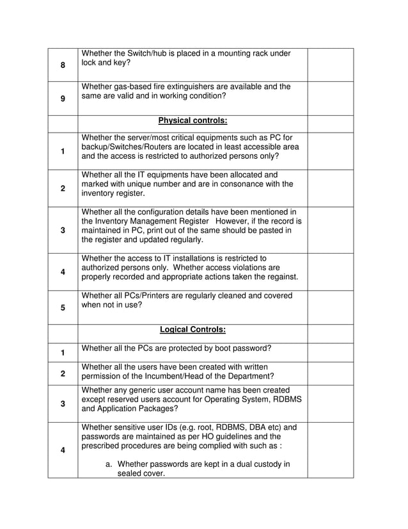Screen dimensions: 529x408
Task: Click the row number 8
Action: (x=63, y=65)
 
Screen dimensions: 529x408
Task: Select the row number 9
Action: (x=63, y=99)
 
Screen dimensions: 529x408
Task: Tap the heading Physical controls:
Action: (x=192, y=120)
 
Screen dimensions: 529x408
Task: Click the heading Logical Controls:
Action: (x=192, y=330)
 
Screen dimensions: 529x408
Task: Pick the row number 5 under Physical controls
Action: (x=63, y=307)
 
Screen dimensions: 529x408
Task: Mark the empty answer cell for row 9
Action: (x=330, y=99)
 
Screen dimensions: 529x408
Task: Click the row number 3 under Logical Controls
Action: (x=63, y=403)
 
